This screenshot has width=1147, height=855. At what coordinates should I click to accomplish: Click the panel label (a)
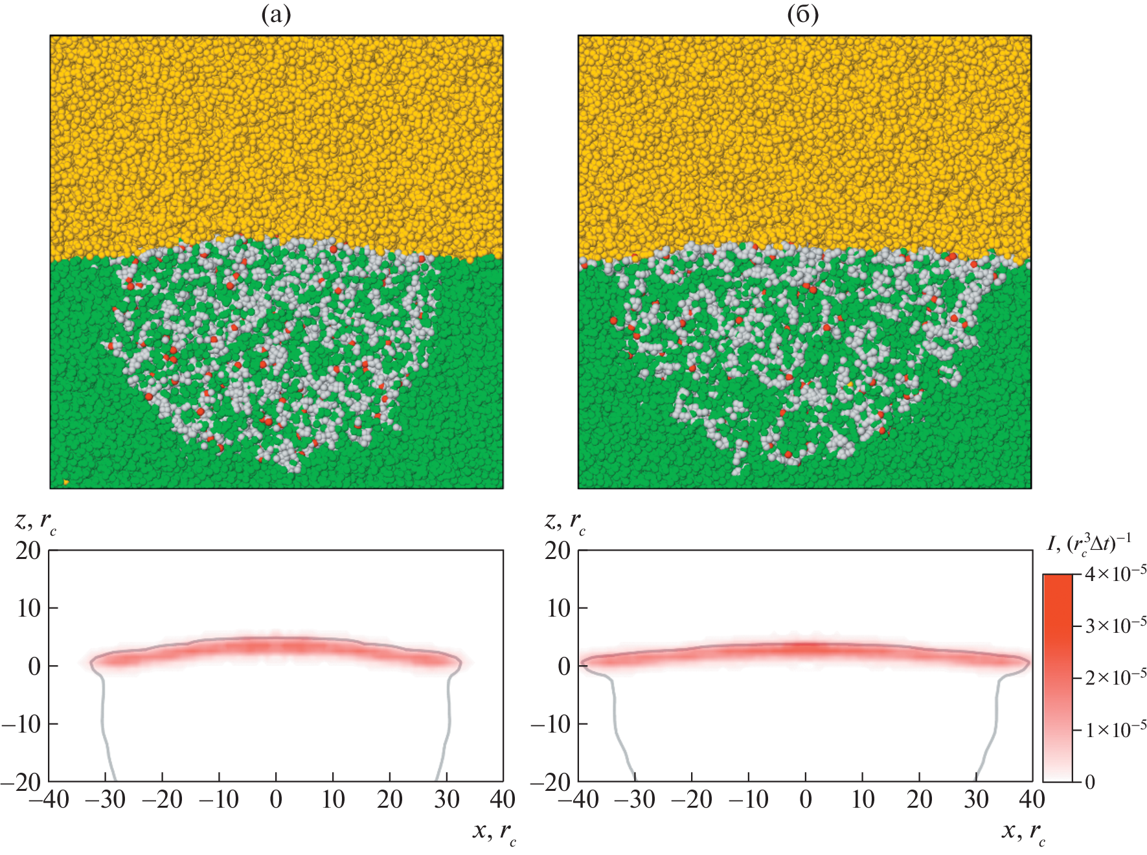tap(276, 15)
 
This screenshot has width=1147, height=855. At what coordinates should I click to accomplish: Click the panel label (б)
tap(803, 15)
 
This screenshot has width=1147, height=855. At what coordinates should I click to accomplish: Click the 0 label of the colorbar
tap(1090, 782)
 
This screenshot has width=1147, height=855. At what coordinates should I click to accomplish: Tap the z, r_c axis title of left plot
tap(36, 521)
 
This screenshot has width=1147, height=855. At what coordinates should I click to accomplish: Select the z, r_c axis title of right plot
tap(565, 521)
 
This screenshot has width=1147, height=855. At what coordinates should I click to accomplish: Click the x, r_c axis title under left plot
tap(494, 832)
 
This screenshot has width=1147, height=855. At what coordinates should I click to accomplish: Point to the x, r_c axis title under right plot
tap(1023, 832)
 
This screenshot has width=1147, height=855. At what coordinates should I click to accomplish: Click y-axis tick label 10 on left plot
tap(29, 608)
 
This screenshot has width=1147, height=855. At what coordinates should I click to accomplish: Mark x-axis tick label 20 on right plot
tap(920, 800)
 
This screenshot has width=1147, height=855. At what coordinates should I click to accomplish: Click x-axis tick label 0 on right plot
tap(806, 800)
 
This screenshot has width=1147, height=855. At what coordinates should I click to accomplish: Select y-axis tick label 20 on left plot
tap(28, 551)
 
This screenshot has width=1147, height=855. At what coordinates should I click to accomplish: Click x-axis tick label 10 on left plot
tap(333, 800)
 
